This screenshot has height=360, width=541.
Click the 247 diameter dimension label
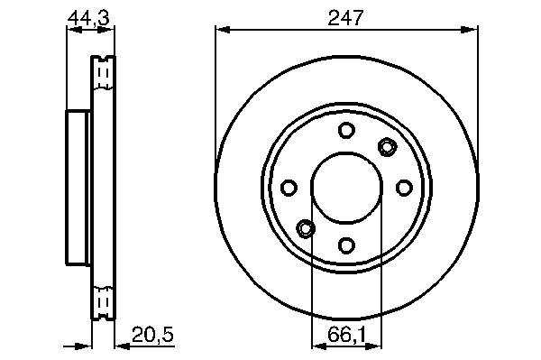pyautogui.click(x=345, y=18)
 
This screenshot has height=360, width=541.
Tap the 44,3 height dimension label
pyautogui.click(x=88, y=18)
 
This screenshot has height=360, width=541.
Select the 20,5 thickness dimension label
pyautogui.click(x=152, y=334)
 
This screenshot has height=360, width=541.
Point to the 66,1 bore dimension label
pyautogui.click(x=347, y=334)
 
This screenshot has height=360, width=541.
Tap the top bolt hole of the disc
pyautogui.click(x=346, y=130)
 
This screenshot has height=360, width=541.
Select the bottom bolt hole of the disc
pyautogui.click(x=346, y=245)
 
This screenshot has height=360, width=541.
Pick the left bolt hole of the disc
pyautogui.click(x=289, y=188)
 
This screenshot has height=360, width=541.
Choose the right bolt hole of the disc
pyautogui.click(x=404, y=188)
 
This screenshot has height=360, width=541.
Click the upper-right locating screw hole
pyautogui.click(x=387, y=147)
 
